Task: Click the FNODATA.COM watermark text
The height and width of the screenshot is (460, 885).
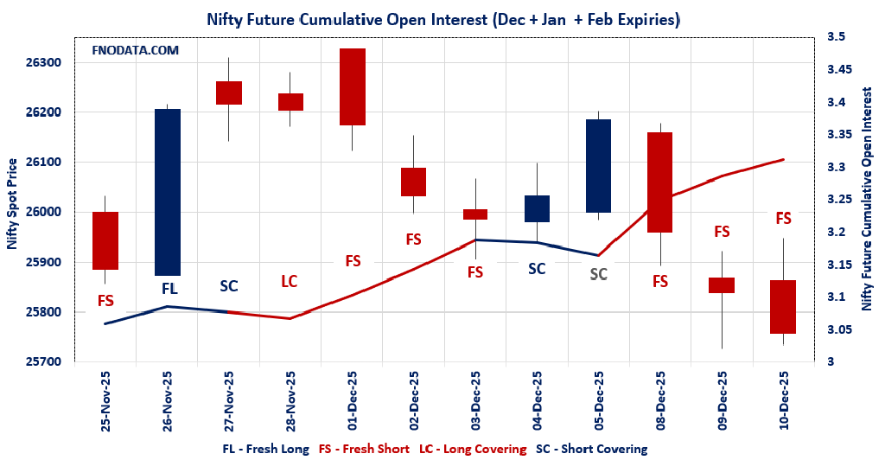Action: [135, 51]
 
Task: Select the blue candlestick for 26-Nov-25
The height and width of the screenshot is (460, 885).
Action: [167, 192]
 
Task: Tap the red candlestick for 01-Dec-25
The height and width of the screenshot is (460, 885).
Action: [352, 86]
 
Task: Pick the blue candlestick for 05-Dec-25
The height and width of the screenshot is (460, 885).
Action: [598, 166]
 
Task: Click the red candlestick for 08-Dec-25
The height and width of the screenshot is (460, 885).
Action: [659, 182]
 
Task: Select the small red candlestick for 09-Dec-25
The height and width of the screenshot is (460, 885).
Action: [722, 285]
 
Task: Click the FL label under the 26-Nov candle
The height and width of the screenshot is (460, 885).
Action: [169, 287]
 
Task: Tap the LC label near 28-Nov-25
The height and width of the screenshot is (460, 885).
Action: [290, 281]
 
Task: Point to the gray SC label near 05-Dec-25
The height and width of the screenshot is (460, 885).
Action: [598, 275]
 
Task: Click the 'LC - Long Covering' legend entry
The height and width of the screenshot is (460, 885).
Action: [473, 449]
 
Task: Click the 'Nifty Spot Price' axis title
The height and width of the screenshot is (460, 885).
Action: [12, 204]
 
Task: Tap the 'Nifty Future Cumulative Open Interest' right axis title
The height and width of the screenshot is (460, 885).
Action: [867, 199]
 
